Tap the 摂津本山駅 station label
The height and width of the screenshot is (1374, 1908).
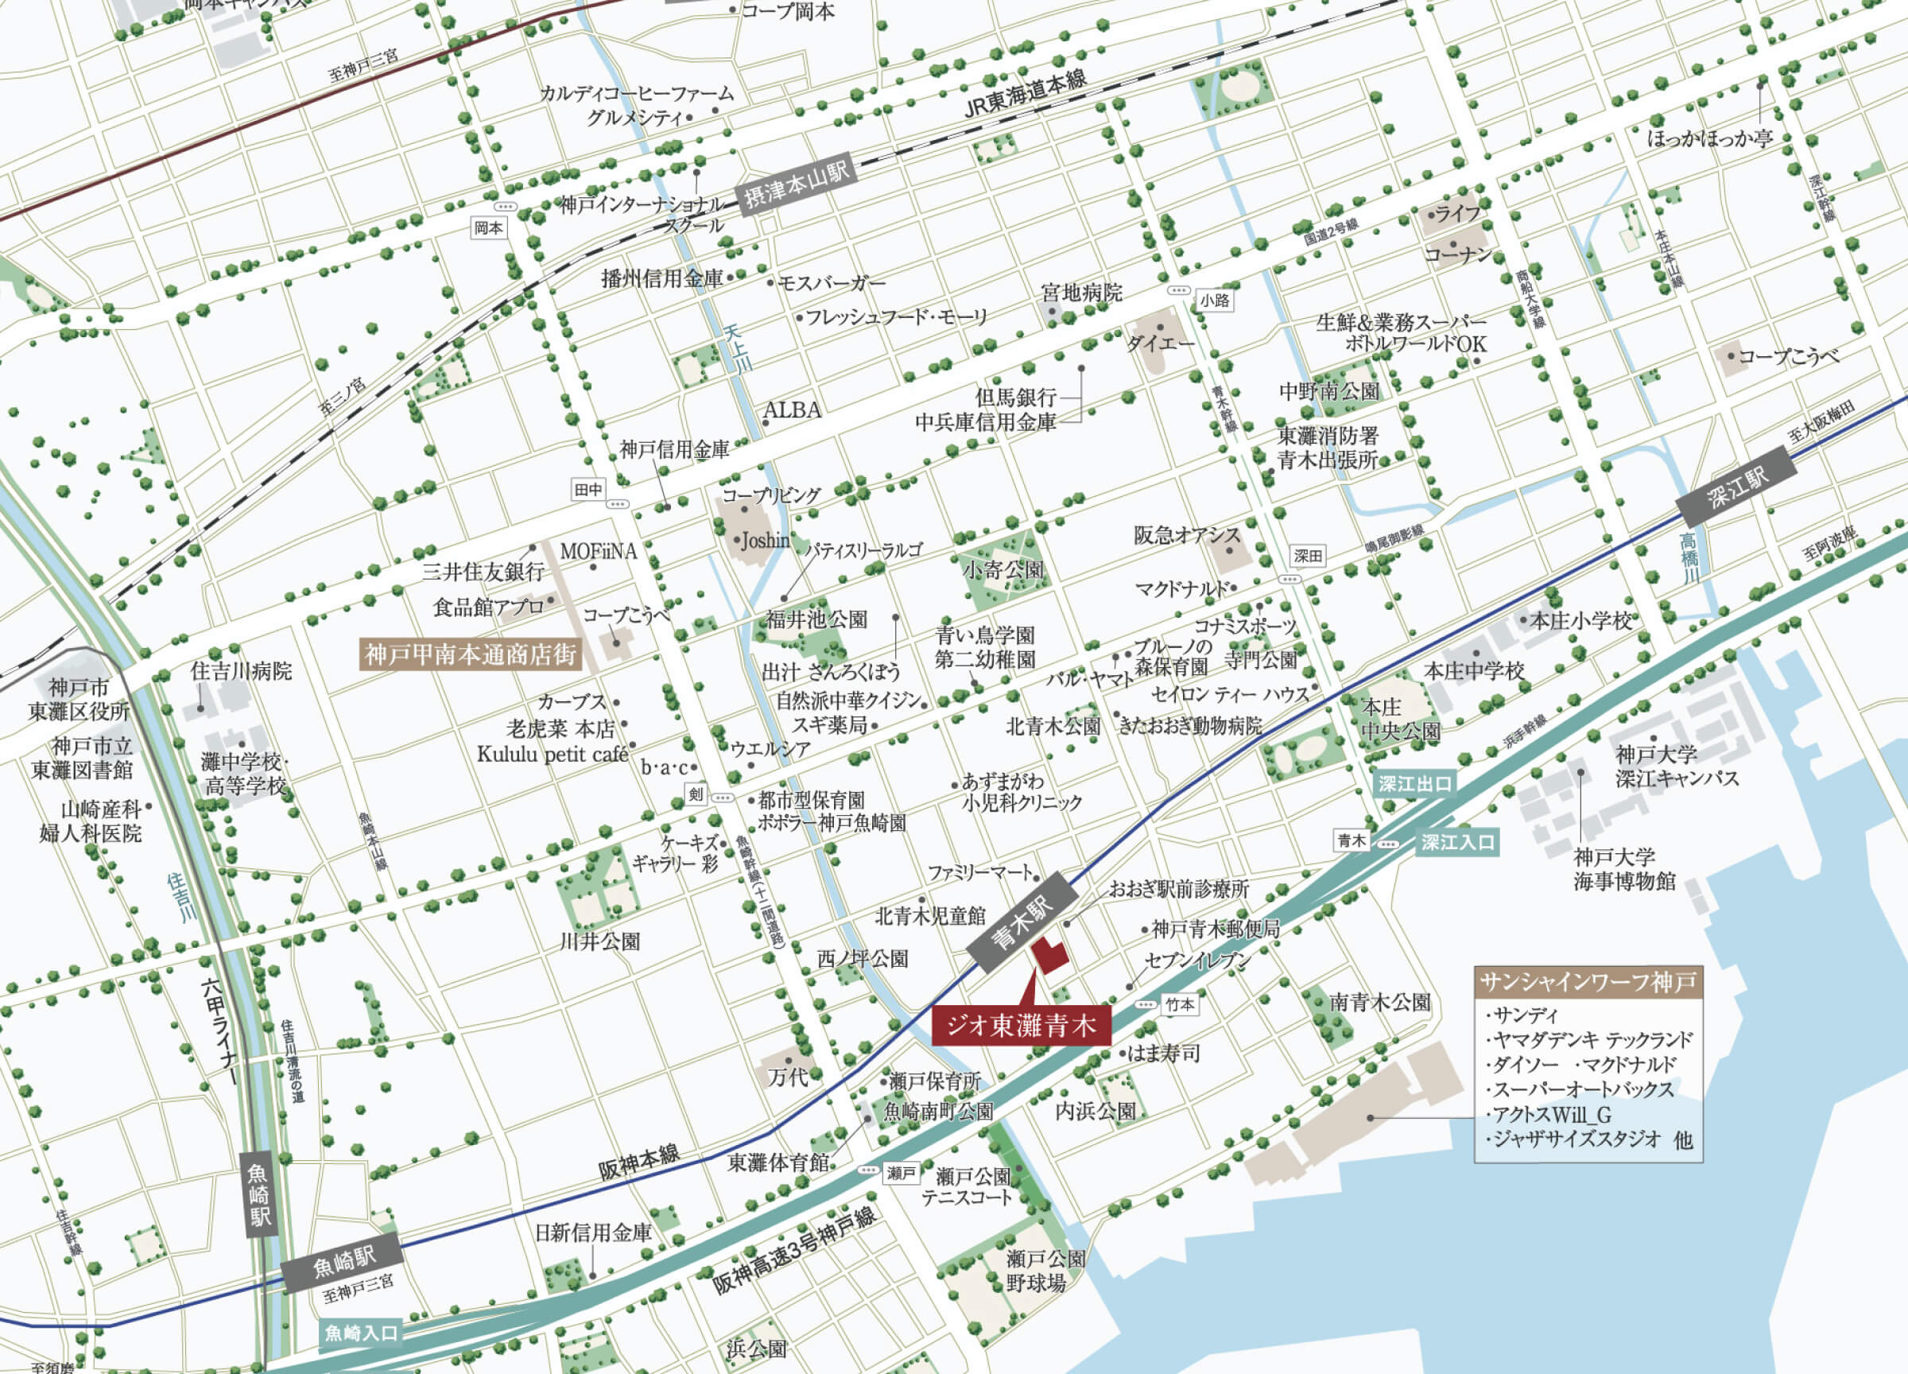(x=796, y=186)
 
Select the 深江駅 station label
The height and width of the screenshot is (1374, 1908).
(x=1737, y=487)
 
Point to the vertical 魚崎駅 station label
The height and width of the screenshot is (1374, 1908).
(x=259, y=1195)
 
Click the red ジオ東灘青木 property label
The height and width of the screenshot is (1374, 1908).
(x=1021, y=1026)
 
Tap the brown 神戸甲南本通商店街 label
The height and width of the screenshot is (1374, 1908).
(x=471, y=654)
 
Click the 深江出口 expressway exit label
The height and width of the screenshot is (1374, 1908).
(x=1414, y=784)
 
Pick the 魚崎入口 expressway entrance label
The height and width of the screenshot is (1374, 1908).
(x=361, y=1333)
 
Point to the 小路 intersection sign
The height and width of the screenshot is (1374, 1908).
(x=1214, y=301)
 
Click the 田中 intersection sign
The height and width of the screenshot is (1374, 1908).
(x=588, y=490)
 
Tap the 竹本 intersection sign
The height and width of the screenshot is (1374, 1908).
(x=1181, y=1004)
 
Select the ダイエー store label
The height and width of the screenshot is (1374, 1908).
(x=1160, y=343)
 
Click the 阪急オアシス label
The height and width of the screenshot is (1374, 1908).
(x=1186, y=535)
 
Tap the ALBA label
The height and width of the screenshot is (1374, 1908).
(x=792, y=410)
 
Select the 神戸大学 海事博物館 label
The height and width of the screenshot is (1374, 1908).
(x=1623, y=869)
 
